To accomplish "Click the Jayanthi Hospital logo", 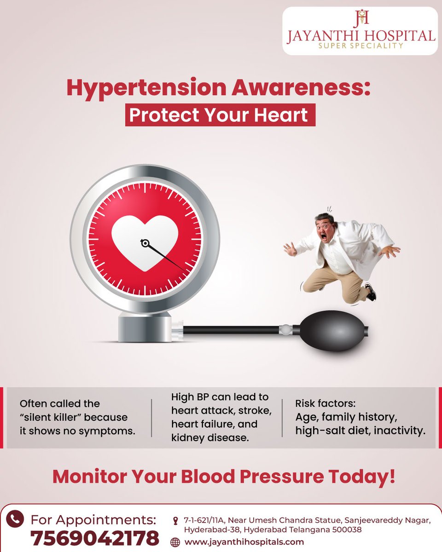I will coord(360,30).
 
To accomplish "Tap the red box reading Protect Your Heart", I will coord(220,115).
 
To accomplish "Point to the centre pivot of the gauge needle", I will coord(145,242).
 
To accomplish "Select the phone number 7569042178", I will coord(95,537).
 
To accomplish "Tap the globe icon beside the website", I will coord(175,542).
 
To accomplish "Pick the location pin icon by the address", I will coord(175,521).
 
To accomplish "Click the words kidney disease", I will coord(209,437).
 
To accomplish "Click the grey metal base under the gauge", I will coord(145,328).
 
